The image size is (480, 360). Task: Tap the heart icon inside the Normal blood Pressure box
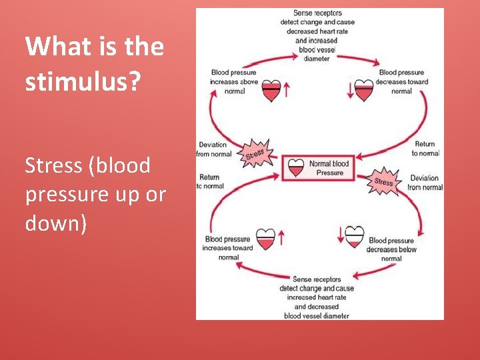[x=296, y=169]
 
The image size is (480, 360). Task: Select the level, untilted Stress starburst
[x=383, y=181]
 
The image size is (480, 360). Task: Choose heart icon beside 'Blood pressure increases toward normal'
[x=265, y=238]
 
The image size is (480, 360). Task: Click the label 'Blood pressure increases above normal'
[x=233, y=82]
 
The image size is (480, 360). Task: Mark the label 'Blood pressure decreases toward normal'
[x=402, y=82]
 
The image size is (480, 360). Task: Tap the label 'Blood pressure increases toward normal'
[x=229, y=248]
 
